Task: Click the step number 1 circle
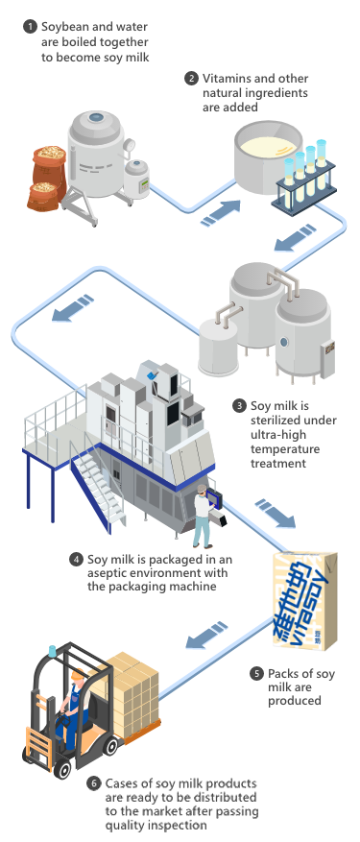[31, 26]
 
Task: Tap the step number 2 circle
[191, 79]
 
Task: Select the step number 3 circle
[240, 405]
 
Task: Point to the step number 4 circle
[76, 559]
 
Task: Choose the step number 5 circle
[257, 673]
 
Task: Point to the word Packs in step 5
[283, 673]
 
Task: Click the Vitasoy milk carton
[304, 600]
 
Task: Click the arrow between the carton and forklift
[206, 635]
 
